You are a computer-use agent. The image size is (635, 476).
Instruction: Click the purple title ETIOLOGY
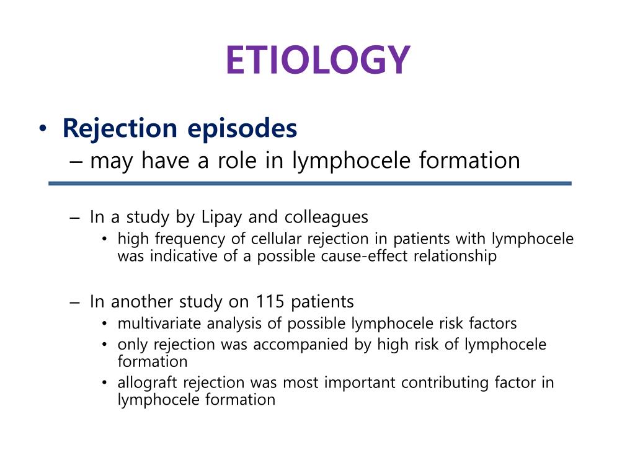(317, 60)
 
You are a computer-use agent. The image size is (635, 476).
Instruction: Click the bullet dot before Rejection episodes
(42, 129)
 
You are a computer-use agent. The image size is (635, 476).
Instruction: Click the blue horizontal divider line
(309, 183)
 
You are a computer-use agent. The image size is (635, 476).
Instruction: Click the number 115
(269, 302)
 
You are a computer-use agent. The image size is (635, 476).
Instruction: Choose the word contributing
(441, 382)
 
